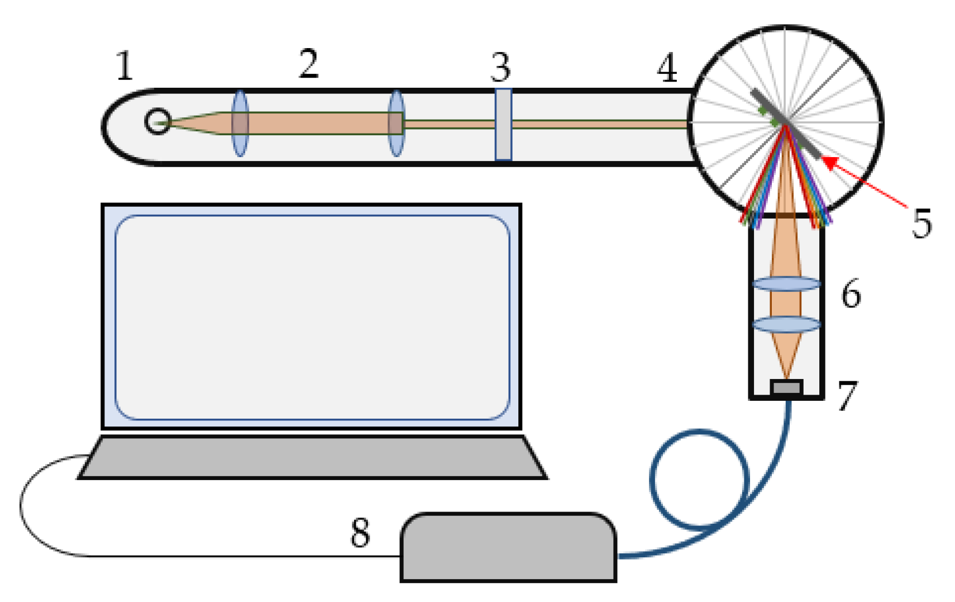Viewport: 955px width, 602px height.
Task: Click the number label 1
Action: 125,66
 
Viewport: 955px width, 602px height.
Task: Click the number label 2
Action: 308,64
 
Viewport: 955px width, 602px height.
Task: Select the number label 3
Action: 500,68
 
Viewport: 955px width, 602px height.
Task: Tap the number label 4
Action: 667,68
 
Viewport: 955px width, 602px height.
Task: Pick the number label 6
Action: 851,294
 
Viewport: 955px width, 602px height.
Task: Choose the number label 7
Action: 847,396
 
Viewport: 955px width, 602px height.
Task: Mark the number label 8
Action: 360,532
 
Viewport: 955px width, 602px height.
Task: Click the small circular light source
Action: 157,121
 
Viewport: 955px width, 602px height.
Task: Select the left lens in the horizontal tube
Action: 240,124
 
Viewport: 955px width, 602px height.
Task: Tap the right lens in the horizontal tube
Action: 396,124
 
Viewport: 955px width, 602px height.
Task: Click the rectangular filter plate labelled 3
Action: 503,124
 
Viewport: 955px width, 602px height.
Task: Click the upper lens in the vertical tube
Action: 786,283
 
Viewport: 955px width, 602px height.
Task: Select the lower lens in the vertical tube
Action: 786,324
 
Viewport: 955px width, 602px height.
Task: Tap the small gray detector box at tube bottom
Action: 786,387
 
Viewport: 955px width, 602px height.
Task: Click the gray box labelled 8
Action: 508,548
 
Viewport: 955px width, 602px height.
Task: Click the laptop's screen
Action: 312,317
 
